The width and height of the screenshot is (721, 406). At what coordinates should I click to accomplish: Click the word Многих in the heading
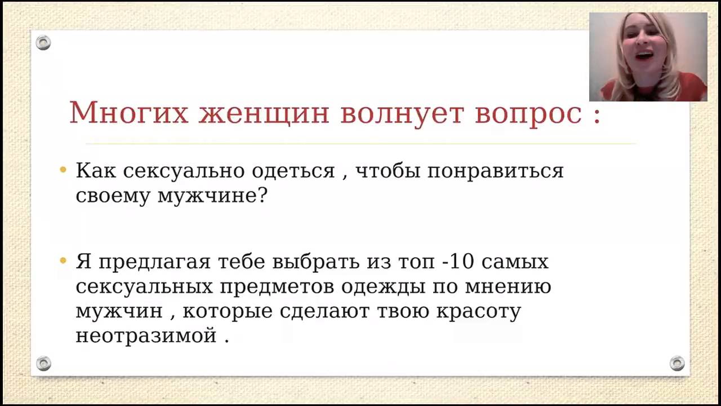(x=128, y=113)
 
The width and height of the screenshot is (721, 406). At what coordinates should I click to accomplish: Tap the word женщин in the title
(x=264, y=113)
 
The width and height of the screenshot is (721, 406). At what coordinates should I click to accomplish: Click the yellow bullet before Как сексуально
(x=63, y=170)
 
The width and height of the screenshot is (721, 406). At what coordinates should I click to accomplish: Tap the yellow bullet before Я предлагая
(x=63, y=261)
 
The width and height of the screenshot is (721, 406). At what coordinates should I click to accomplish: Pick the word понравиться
(x=495, y=171)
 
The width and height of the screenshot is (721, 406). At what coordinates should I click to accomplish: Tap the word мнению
(x=508, y=287)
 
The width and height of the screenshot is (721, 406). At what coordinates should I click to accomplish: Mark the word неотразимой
(x=146, y=336)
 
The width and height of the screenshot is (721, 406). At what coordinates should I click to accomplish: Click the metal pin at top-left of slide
(x=43, y=43)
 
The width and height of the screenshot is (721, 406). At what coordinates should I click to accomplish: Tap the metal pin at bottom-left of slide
(x=43, y=363)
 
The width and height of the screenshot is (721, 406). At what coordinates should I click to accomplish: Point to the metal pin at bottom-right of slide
(x=677, y=363)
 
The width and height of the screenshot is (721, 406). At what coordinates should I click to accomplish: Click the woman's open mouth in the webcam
(x=644, y=56)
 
